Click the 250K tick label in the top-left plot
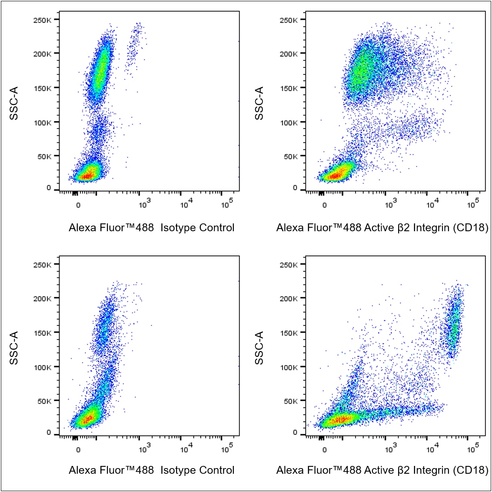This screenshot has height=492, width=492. pos(42,20)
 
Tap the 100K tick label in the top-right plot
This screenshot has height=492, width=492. pos(289,123)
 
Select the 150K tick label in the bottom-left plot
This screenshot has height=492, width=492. pos(42,332)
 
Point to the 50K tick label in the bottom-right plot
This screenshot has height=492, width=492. pos(291,401)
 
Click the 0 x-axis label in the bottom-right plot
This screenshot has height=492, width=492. pos(324,450)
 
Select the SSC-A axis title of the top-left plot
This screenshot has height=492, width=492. pos(14,103)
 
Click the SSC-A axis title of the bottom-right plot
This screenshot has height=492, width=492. pos(259,348)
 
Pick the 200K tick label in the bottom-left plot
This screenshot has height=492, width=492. pos(42,299)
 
